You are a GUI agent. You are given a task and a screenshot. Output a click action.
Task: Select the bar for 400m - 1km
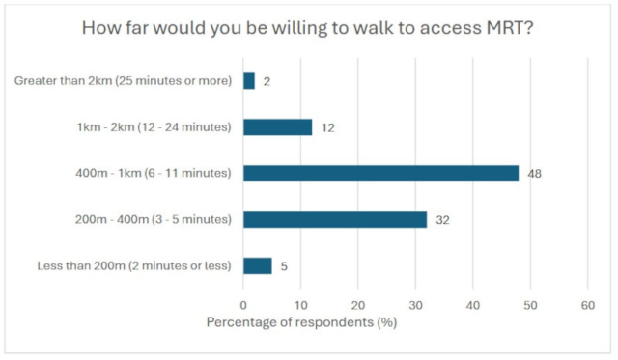point(380,174)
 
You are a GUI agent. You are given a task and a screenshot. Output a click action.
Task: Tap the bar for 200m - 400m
point(335,220)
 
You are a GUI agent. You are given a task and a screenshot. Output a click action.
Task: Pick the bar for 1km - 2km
point(277,127)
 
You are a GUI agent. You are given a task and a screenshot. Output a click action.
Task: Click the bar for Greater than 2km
point(249,81)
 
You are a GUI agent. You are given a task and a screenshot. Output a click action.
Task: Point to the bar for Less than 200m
point(258,265)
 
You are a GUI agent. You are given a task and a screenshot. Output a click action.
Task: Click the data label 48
point(534,174)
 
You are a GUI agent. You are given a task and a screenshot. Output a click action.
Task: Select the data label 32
point(442,220)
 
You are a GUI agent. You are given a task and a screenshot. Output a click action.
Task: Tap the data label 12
point(327,127)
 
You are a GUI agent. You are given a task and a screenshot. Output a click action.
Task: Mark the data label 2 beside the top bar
point(267,81)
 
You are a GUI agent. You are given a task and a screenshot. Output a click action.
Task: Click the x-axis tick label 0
point(243,305)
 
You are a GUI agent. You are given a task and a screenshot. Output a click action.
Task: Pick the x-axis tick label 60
point(587,305)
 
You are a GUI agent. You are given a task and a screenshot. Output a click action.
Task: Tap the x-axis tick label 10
point(300,305)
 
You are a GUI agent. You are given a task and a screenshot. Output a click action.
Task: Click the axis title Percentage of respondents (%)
point(302,321)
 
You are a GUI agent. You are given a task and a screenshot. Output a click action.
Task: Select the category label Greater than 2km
point(123,81)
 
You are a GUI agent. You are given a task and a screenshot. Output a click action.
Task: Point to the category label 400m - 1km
point(152,174)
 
